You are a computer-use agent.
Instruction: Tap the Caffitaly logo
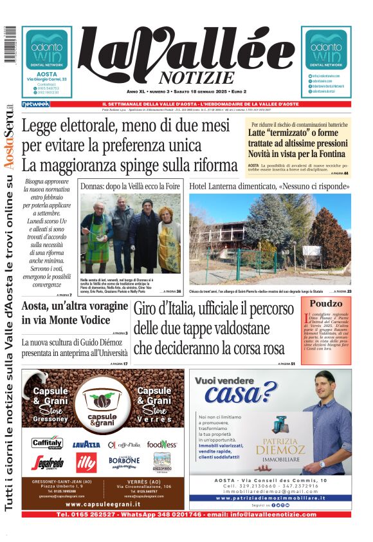pos(48,444)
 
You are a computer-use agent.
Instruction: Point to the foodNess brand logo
pos(162,444)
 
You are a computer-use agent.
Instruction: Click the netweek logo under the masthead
pos(35,104)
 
